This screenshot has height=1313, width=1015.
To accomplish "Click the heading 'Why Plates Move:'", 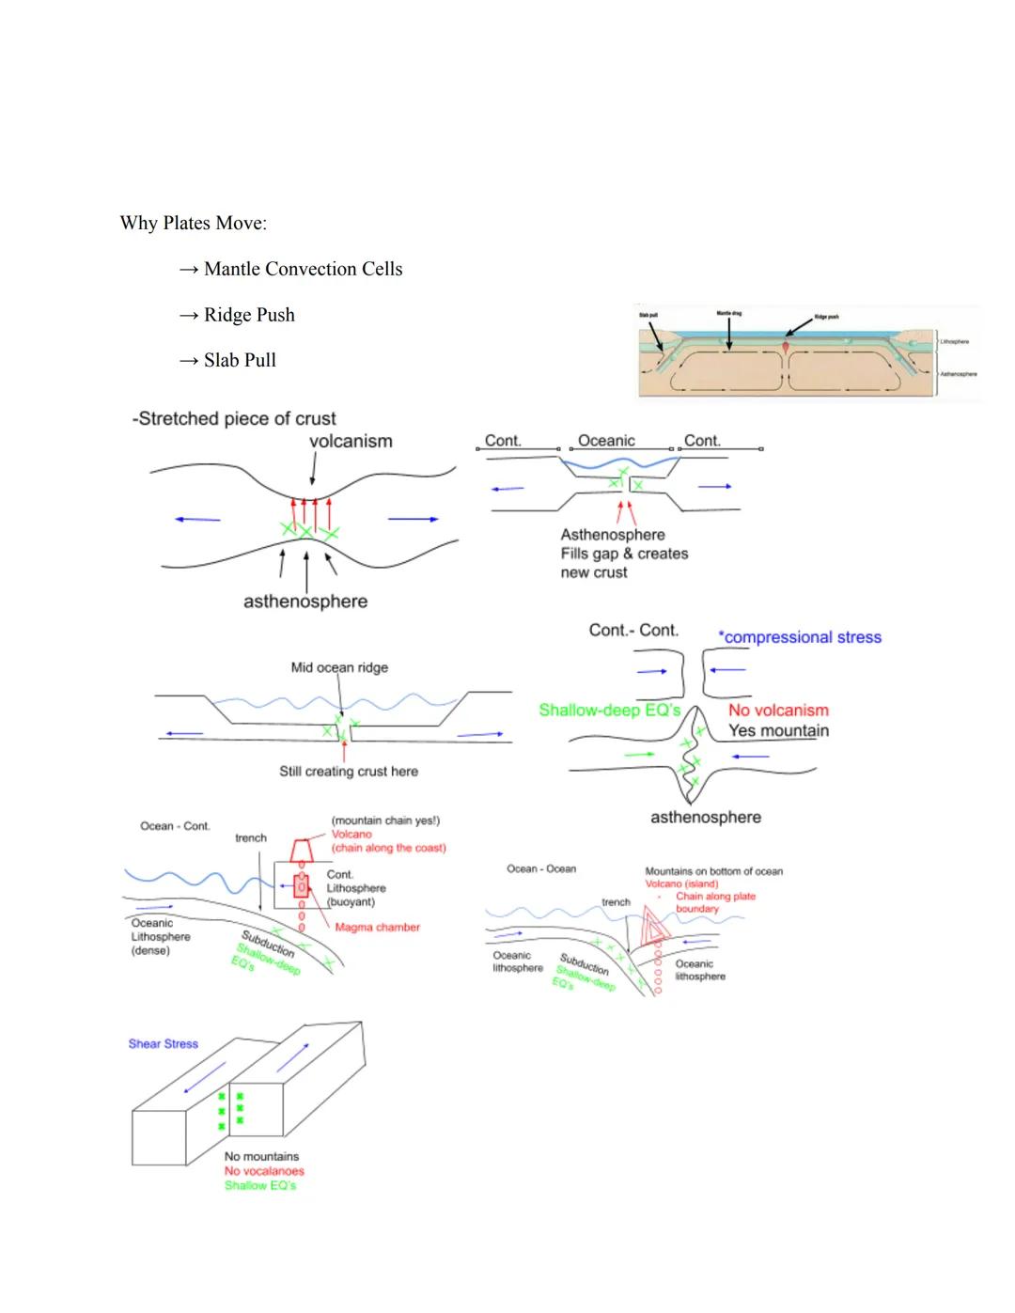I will (x=193, y=223).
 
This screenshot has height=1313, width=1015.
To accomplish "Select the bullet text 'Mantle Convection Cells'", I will (x=303, y=269).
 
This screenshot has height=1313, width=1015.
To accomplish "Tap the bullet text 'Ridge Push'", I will (x=249, y=315).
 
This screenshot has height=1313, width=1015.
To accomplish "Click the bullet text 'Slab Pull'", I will (x=240, y=360).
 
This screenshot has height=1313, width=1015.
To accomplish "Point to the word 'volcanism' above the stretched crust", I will (x=351, y=441).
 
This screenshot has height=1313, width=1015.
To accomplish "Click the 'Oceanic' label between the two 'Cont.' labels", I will (x=606, y=440).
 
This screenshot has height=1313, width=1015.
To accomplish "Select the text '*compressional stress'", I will (x=800, y=637).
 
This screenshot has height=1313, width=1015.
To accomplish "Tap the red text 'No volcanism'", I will (x=778, y=711).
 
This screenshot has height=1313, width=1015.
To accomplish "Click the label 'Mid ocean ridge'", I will (x=339, y=667).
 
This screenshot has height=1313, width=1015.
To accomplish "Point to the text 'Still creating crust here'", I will (x=349, y=771).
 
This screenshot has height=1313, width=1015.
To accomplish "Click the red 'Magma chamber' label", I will (x=377, y=927).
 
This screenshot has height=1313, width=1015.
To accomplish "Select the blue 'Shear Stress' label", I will (x=164, y=1043).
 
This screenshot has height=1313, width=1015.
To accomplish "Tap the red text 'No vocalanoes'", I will (x=264, y=1171).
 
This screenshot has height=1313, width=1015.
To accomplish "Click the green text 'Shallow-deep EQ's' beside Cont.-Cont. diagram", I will (x=609, y=710).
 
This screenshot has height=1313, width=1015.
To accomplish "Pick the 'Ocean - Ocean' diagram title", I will (x=541, y=868).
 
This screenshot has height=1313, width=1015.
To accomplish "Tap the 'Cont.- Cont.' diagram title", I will (x=633, y=630).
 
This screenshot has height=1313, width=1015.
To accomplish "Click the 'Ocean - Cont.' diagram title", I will (x=175, y=826).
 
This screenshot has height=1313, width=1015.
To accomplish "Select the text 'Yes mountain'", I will (x=778, y=730).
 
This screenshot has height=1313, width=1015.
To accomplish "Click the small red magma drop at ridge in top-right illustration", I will (x=786, y=347).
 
